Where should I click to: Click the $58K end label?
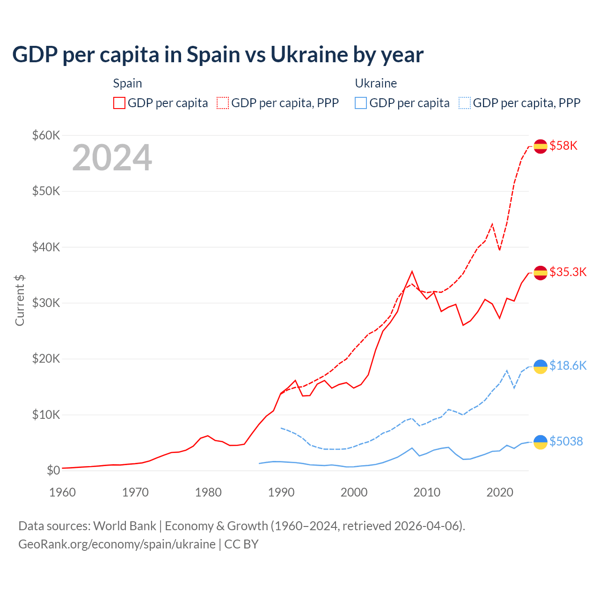tap(563, 146)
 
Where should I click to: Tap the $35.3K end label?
tap(568, 272)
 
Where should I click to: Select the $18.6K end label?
tap(568, 366)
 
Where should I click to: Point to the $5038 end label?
tap(566, 441)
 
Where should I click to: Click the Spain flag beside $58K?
tap(541, 146)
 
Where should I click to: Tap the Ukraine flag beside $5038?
tap(541, 442)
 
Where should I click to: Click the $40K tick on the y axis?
tap(46, 247)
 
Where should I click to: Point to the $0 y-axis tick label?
tap(53, 470)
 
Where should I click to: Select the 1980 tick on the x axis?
tap(208, 492)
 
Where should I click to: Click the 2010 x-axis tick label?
tap(427, 492)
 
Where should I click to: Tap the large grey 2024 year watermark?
tap(112, 158)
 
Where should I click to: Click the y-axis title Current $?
tap(20, 300)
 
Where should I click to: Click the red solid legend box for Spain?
tap(119, 103)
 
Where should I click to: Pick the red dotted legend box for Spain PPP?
tap(223, 103)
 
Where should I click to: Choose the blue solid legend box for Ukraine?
tap(361, 103)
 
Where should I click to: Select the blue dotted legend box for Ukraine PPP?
tap(465, 103)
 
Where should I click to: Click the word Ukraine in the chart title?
tap(309, 55)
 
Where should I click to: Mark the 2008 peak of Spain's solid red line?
tap(412, 271)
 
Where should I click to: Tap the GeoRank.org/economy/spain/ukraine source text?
tap(117, 544)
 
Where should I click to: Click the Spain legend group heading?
tap(127, 83)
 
